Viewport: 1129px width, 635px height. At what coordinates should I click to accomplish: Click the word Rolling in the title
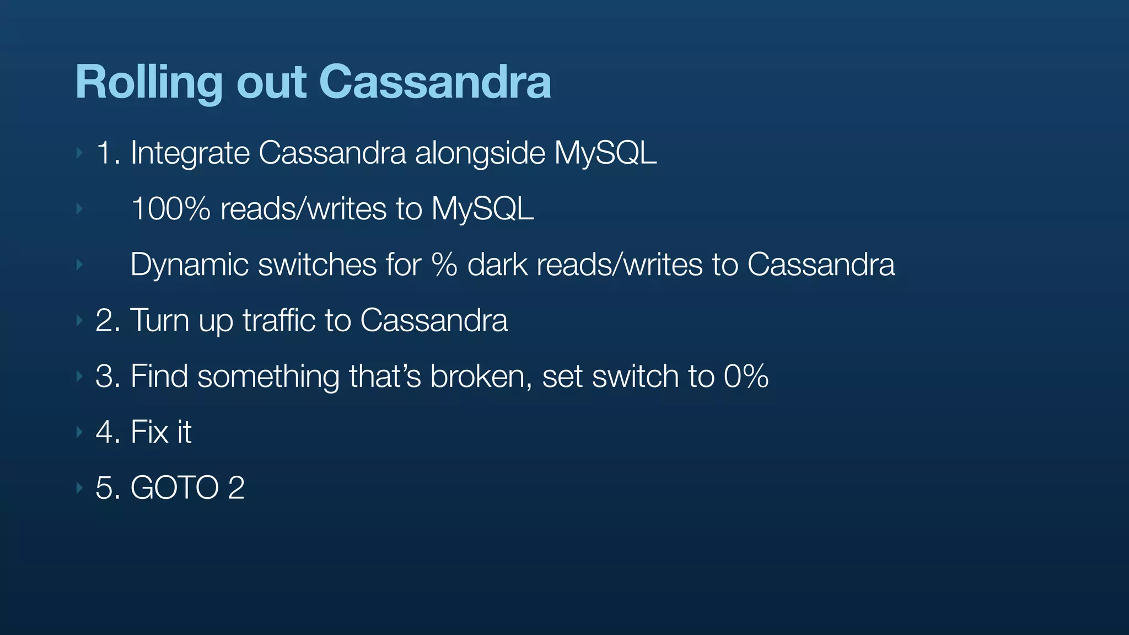pos(148,83)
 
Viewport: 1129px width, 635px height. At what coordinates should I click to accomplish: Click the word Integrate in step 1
pos(190,153)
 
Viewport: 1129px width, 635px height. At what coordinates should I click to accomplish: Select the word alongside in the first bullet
pos(479,153)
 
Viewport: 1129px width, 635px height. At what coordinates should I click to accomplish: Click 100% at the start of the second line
pos(170,209)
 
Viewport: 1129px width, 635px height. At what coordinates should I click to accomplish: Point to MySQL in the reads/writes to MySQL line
pos(482,209)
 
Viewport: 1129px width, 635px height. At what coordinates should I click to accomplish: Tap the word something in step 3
pos(268,376)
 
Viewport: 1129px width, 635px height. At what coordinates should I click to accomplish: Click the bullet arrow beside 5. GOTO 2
pos(79,487)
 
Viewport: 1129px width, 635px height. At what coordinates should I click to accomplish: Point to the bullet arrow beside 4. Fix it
pos(79,432)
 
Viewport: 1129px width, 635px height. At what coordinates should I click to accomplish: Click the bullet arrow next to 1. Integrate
pos(79,153)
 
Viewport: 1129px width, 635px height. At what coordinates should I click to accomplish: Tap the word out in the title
pos(271,83)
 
